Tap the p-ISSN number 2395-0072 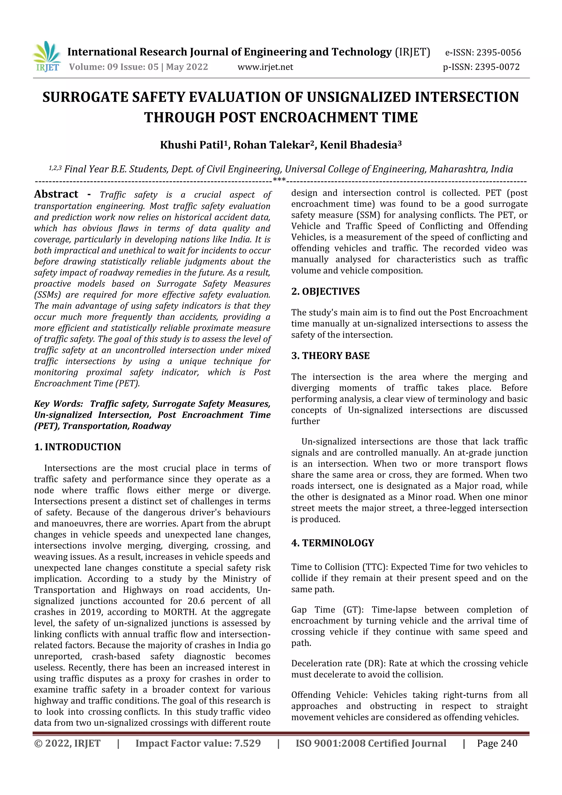497,67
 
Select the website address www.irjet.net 265,67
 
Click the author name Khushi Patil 191,145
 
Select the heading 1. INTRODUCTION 77,447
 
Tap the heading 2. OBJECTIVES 325,292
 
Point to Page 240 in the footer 497,743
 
